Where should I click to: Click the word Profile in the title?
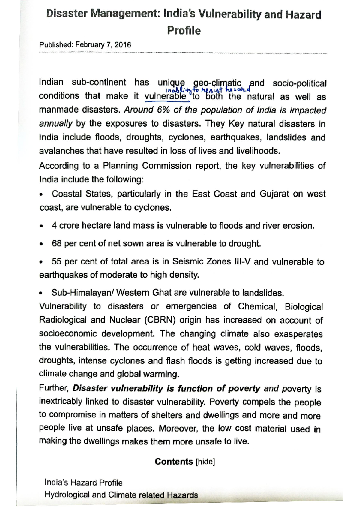(x=184, y=31)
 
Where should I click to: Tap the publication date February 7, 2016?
(x=103, y=45)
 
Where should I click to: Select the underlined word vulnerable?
(x=165, y=97)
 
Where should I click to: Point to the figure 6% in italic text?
(x=164, y=110)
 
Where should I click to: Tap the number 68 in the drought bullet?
(x=57, y=243)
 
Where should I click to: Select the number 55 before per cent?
(x=57, y=261)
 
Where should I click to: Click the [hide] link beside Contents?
(x=205, y=462)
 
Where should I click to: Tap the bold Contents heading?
(x=174, y=462)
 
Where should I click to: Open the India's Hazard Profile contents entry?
(x=83, y=483)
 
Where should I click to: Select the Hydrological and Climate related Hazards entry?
(x=121, y=495)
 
